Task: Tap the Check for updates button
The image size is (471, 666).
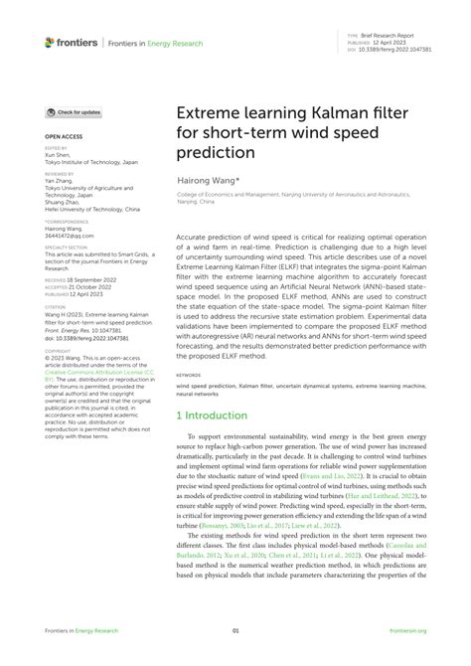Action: (x=74, y=112)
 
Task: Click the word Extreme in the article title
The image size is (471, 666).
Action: (x=211, y=116)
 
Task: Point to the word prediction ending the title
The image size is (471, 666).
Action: (x=216, y=155)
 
